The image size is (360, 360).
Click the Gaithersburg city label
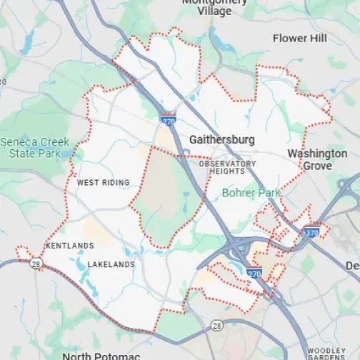(x=222, y=140)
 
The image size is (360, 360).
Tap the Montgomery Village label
(x=215, y=6)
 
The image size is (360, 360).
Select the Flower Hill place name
(x=300, y=38)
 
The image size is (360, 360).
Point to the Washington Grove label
(x=317, y=159)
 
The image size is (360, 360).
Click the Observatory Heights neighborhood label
(x=227, y=168)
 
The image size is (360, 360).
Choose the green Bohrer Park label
(x=251, y=193)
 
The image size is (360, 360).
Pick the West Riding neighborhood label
(x=104, y=183)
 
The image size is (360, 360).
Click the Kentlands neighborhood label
(x=69, y=246)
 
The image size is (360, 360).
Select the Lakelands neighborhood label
(x=111, y=265)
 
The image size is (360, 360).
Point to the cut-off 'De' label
(x=353, y=266)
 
